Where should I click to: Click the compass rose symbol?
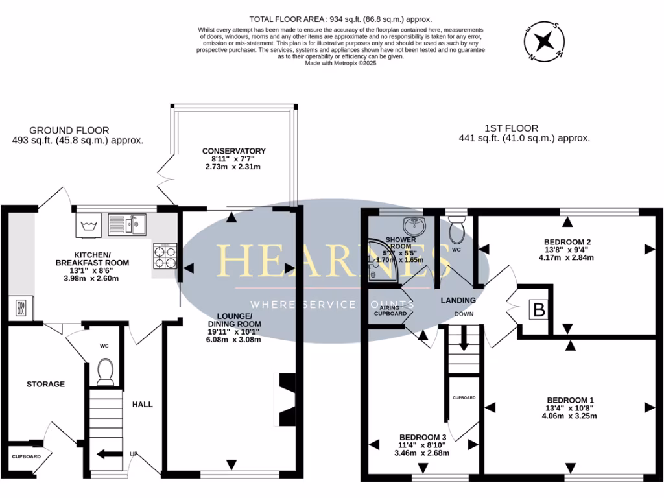coord(544,41)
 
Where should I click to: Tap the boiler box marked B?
coord(538,310)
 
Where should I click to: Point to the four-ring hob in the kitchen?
coord(165,255)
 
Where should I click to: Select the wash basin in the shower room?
coord(413,226)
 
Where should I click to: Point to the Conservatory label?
coord(233,151)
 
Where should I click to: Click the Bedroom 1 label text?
coord(570,399)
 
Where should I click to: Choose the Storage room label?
coord(45,384)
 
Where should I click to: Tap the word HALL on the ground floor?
coord(143,404)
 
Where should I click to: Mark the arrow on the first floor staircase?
coord(463,339)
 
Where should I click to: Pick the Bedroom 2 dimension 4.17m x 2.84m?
coord(567,257)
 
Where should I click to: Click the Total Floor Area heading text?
coord(340,19)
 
